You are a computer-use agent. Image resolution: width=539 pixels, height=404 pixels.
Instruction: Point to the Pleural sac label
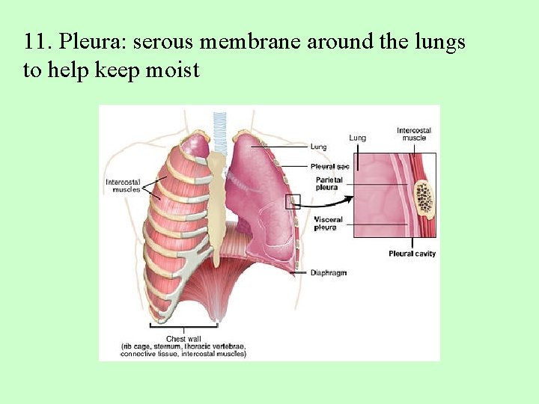330,166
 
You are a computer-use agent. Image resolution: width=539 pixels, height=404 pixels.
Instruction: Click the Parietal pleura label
329,183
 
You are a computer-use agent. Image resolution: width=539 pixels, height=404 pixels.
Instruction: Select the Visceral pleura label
329,223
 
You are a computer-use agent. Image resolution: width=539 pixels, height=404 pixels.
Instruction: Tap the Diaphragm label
329,273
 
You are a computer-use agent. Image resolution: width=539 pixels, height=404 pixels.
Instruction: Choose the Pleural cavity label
412,254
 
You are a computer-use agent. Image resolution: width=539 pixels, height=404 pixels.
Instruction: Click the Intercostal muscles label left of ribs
121,185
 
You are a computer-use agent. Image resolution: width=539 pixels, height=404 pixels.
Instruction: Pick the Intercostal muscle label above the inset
414,134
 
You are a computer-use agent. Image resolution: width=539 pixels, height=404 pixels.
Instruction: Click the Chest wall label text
183,339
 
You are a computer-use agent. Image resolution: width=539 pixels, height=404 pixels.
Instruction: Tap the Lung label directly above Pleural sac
319,146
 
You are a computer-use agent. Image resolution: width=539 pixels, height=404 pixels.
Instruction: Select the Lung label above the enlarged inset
357,138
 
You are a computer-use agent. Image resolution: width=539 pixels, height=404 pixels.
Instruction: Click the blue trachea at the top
220,130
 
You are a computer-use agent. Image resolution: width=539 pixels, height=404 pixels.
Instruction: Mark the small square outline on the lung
293,201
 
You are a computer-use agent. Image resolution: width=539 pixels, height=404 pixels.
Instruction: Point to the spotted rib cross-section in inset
424,198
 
